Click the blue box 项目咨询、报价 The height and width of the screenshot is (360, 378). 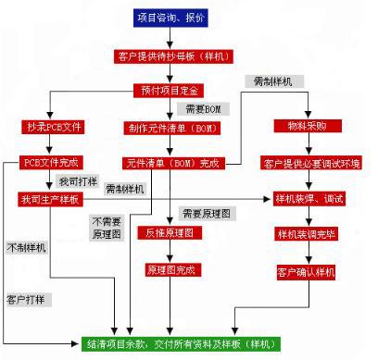(x=170, y=18)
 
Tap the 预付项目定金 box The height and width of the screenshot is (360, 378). (x=170, y=90)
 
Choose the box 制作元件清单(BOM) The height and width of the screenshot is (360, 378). (x=170, y=126)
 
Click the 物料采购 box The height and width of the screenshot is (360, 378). (x=299, y=125)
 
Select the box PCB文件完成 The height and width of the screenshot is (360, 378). (x=47, y=162)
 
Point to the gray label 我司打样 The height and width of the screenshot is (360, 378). (x=76, y=181)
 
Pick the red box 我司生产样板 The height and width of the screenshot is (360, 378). (x=48, y=199)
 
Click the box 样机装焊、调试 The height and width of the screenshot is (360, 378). (x=310, y=198)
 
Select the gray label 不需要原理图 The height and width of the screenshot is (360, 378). (x=104, y=227)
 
